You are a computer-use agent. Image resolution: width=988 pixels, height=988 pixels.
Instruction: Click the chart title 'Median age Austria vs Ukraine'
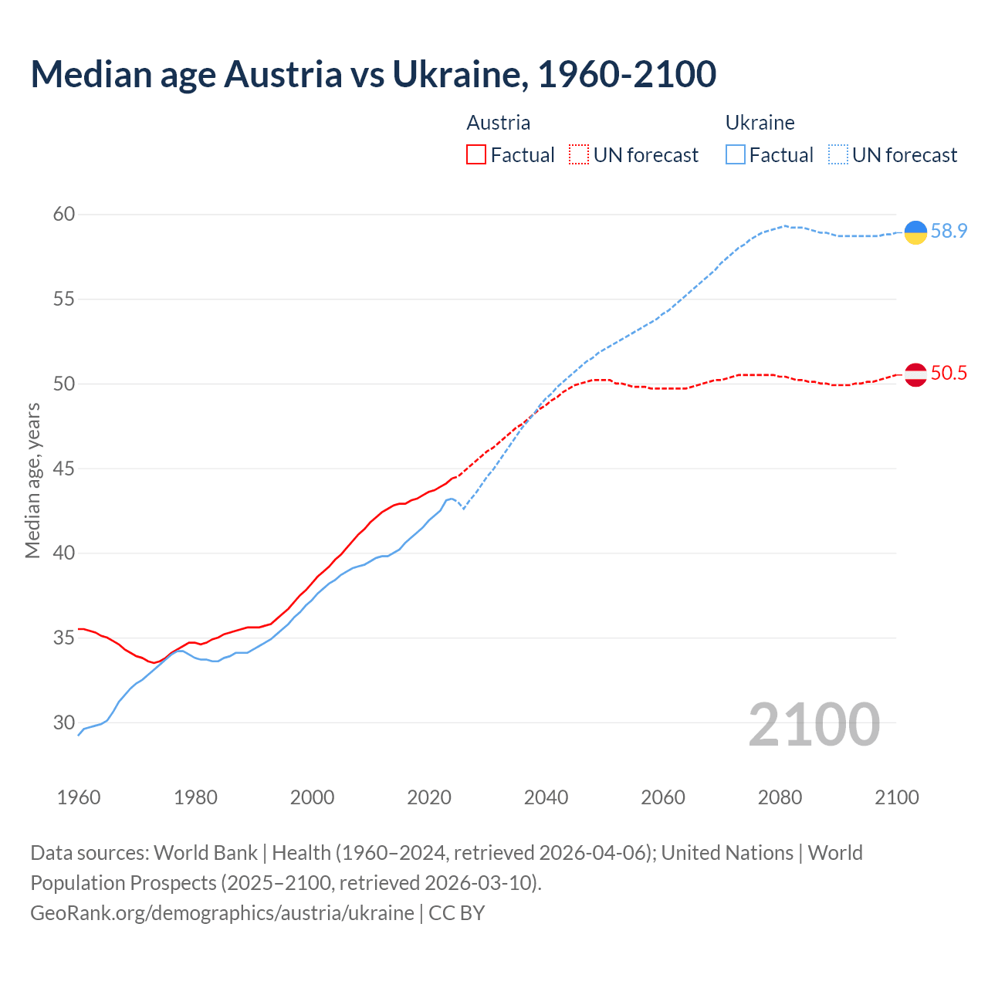coord(373,74)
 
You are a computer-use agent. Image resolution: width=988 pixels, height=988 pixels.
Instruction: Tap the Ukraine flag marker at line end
coord(915,232)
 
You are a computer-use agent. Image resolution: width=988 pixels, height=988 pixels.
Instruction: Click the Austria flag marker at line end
coord(915,374)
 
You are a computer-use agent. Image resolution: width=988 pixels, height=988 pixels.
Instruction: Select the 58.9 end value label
coord(949,231)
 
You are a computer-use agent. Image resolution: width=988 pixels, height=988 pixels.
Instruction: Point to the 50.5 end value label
coord(949,374)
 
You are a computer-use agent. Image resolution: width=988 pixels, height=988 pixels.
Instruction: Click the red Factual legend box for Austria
coord(476,155)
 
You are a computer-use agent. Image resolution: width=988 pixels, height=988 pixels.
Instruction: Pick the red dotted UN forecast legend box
coord(579,155)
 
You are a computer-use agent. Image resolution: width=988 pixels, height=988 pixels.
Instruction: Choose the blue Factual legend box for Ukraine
coord(736,155)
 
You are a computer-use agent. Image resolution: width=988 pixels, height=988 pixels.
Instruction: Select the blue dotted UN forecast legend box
coord(838,155)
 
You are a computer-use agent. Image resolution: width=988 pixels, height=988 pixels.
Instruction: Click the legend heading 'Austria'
coord(499,123)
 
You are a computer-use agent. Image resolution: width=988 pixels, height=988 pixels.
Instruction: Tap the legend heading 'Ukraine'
coord(760,123)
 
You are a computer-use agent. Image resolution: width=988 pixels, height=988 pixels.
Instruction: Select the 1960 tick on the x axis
coord(79,797)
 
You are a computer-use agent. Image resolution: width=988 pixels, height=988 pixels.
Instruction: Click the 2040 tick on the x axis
coord(546,797)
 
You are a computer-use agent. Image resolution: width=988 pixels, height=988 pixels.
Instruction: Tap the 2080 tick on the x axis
coord(780,797)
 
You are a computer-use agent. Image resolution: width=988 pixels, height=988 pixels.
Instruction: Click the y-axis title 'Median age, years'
coord(32,480)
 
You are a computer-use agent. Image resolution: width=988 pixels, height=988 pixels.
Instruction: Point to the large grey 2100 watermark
coord(814,724)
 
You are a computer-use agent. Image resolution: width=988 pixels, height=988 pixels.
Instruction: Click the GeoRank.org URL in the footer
coord(222,913)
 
